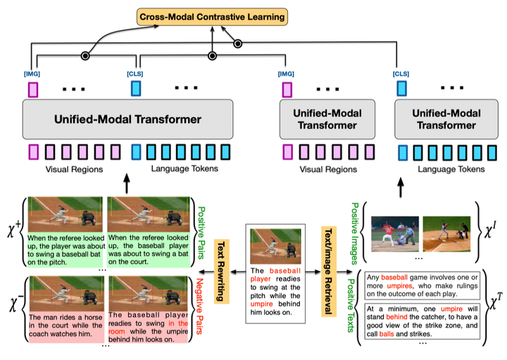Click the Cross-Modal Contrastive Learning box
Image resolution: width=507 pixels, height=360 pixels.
(212, 17)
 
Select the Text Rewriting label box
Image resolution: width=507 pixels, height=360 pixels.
(222, 271)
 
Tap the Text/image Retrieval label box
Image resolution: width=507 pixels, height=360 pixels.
(329, 271)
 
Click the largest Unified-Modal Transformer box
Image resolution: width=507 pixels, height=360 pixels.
(127, 119)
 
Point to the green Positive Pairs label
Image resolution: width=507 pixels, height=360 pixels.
(201, 233)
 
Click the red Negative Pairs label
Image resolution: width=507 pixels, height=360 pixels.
(200, 306)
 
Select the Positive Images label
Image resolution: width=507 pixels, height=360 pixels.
(355, 233)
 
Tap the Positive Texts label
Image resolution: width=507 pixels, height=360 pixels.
(351, 306)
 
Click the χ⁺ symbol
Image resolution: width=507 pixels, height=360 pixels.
(13, 230)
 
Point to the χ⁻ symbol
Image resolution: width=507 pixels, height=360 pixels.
(15, 304)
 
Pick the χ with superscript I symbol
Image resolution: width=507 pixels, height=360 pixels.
(492, 231)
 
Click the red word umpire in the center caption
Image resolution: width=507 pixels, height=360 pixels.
(261, 304)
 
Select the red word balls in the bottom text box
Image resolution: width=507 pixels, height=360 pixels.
(387, 334)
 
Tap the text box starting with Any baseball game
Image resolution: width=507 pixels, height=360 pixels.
(423, 285)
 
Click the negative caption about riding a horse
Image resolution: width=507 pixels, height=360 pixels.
(65, 325)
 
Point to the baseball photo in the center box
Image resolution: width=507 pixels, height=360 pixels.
(275, 246)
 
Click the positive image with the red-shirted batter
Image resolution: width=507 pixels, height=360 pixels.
(395, 234)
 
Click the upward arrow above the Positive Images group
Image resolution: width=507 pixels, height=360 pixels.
(401, 187)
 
